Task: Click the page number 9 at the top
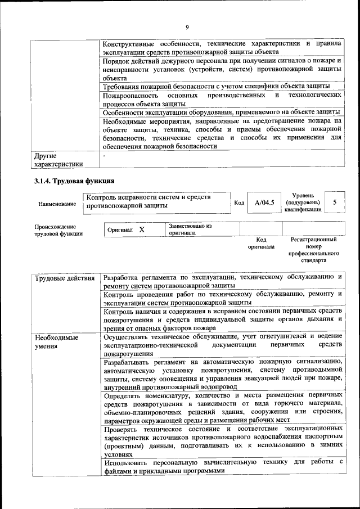[187, 28]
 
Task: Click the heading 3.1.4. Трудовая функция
[74, 181]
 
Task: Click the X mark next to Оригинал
[142, 229]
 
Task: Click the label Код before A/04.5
[238, 202]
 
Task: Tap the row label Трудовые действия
[65, 278]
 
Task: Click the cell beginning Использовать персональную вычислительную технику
[223, 466]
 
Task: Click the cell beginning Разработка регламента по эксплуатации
[223, 282]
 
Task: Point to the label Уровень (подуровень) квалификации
[303, 202]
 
